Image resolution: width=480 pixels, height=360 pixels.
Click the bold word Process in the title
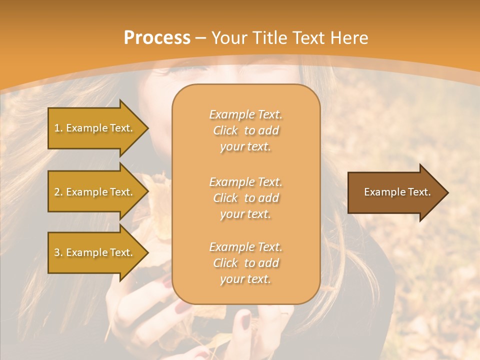(157, 38)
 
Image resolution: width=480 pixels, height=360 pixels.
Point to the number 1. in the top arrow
(58, 128)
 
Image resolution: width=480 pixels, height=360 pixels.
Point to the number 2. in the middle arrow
(58, 192)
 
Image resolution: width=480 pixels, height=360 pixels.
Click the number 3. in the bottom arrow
(58, 252)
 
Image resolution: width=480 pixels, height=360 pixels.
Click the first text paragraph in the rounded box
(245, 130)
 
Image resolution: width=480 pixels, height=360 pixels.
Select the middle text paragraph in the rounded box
(245, 198)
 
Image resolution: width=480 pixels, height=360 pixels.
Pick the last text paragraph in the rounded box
(245, 263)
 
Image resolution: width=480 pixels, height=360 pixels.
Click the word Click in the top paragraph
(225, 131)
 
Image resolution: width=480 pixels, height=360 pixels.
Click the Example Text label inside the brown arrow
(397, 192)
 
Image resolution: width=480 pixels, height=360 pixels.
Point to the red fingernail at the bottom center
(245, 319)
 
